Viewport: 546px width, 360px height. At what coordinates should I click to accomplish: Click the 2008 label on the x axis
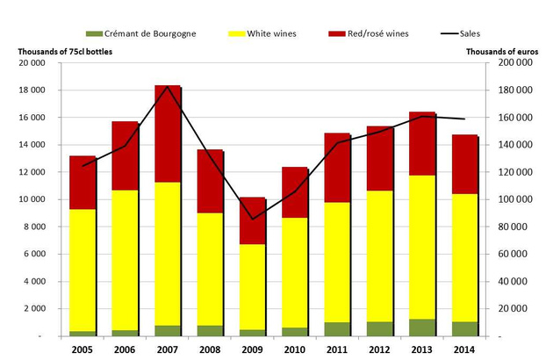(x=211, y=349)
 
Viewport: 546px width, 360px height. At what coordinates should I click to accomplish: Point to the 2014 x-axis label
(x=463, y=349)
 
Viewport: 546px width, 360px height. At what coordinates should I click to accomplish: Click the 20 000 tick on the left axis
(x=32, y=63)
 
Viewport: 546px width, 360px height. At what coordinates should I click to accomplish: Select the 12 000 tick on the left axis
(x=32, y=172)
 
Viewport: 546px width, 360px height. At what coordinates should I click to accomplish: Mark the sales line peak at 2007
(x=168, y=86)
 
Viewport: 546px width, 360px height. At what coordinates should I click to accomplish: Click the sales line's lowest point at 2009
(x=252, y=220)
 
